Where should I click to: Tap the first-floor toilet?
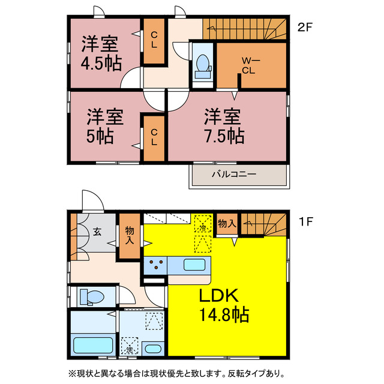click(x=92, y=296)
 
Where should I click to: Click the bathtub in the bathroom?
click(x=92, y=346)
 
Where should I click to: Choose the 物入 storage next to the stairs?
click(x=226, y=224)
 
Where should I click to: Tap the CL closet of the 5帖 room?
click(x=154, y=137)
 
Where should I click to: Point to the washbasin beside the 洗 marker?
click(x=153, y=348)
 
